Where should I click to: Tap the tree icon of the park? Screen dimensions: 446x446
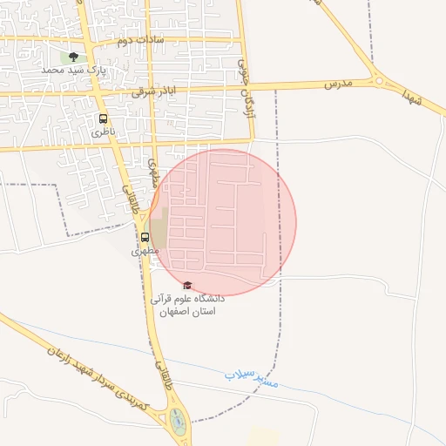[72, 57]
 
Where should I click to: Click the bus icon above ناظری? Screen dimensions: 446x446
[104, 118]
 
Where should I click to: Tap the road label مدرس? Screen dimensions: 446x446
[337, 84]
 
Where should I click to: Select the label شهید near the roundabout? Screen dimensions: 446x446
[412, 97]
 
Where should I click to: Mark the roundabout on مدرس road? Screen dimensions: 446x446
[380, 81]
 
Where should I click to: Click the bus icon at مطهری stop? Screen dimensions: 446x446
[145, 236]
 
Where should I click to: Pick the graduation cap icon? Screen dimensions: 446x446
[186, 285]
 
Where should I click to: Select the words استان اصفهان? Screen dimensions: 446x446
[186, 311]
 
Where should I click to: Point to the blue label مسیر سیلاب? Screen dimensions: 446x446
[252, 377]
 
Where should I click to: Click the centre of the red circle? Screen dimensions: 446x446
[223, 222]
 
